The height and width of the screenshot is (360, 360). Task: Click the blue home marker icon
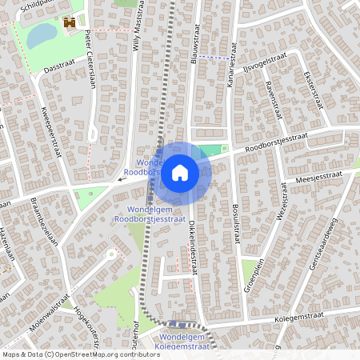(181, 172)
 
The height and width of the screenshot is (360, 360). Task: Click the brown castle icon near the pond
(70, 23)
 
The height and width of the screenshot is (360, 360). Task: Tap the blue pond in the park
(42, 34)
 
